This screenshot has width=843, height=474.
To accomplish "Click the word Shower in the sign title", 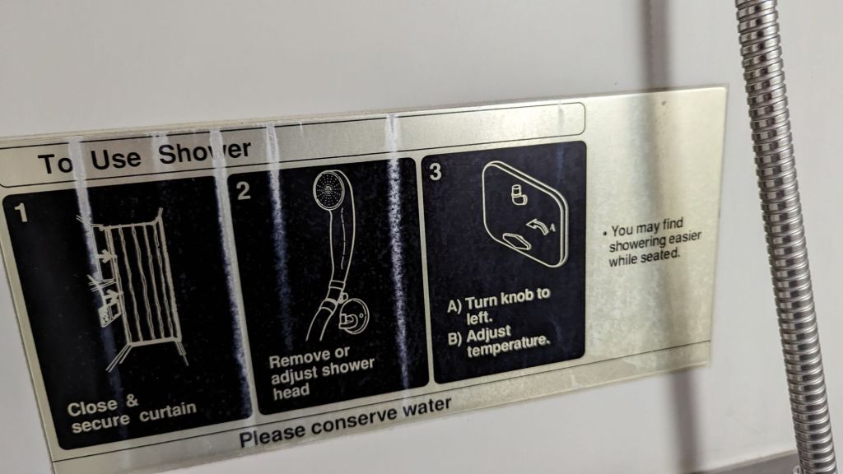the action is (x=204, y=152).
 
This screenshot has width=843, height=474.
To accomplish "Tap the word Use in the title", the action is (x=115, y=159).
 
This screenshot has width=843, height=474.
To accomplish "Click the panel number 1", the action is (x=21, y=213).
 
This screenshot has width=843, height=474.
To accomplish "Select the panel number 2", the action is (x=244, y=191).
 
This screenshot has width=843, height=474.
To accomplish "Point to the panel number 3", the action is (x=435, y=172).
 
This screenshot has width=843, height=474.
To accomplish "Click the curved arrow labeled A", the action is (x=538, y=228).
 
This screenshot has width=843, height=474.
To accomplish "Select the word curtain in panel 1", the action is (x=168, y=412).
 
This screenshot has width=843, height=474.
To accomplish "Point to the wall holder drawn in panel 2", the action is (x=352, y=316).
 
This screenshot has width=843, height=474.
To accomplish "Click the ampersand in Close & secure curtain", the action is (x=131, y=401).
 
